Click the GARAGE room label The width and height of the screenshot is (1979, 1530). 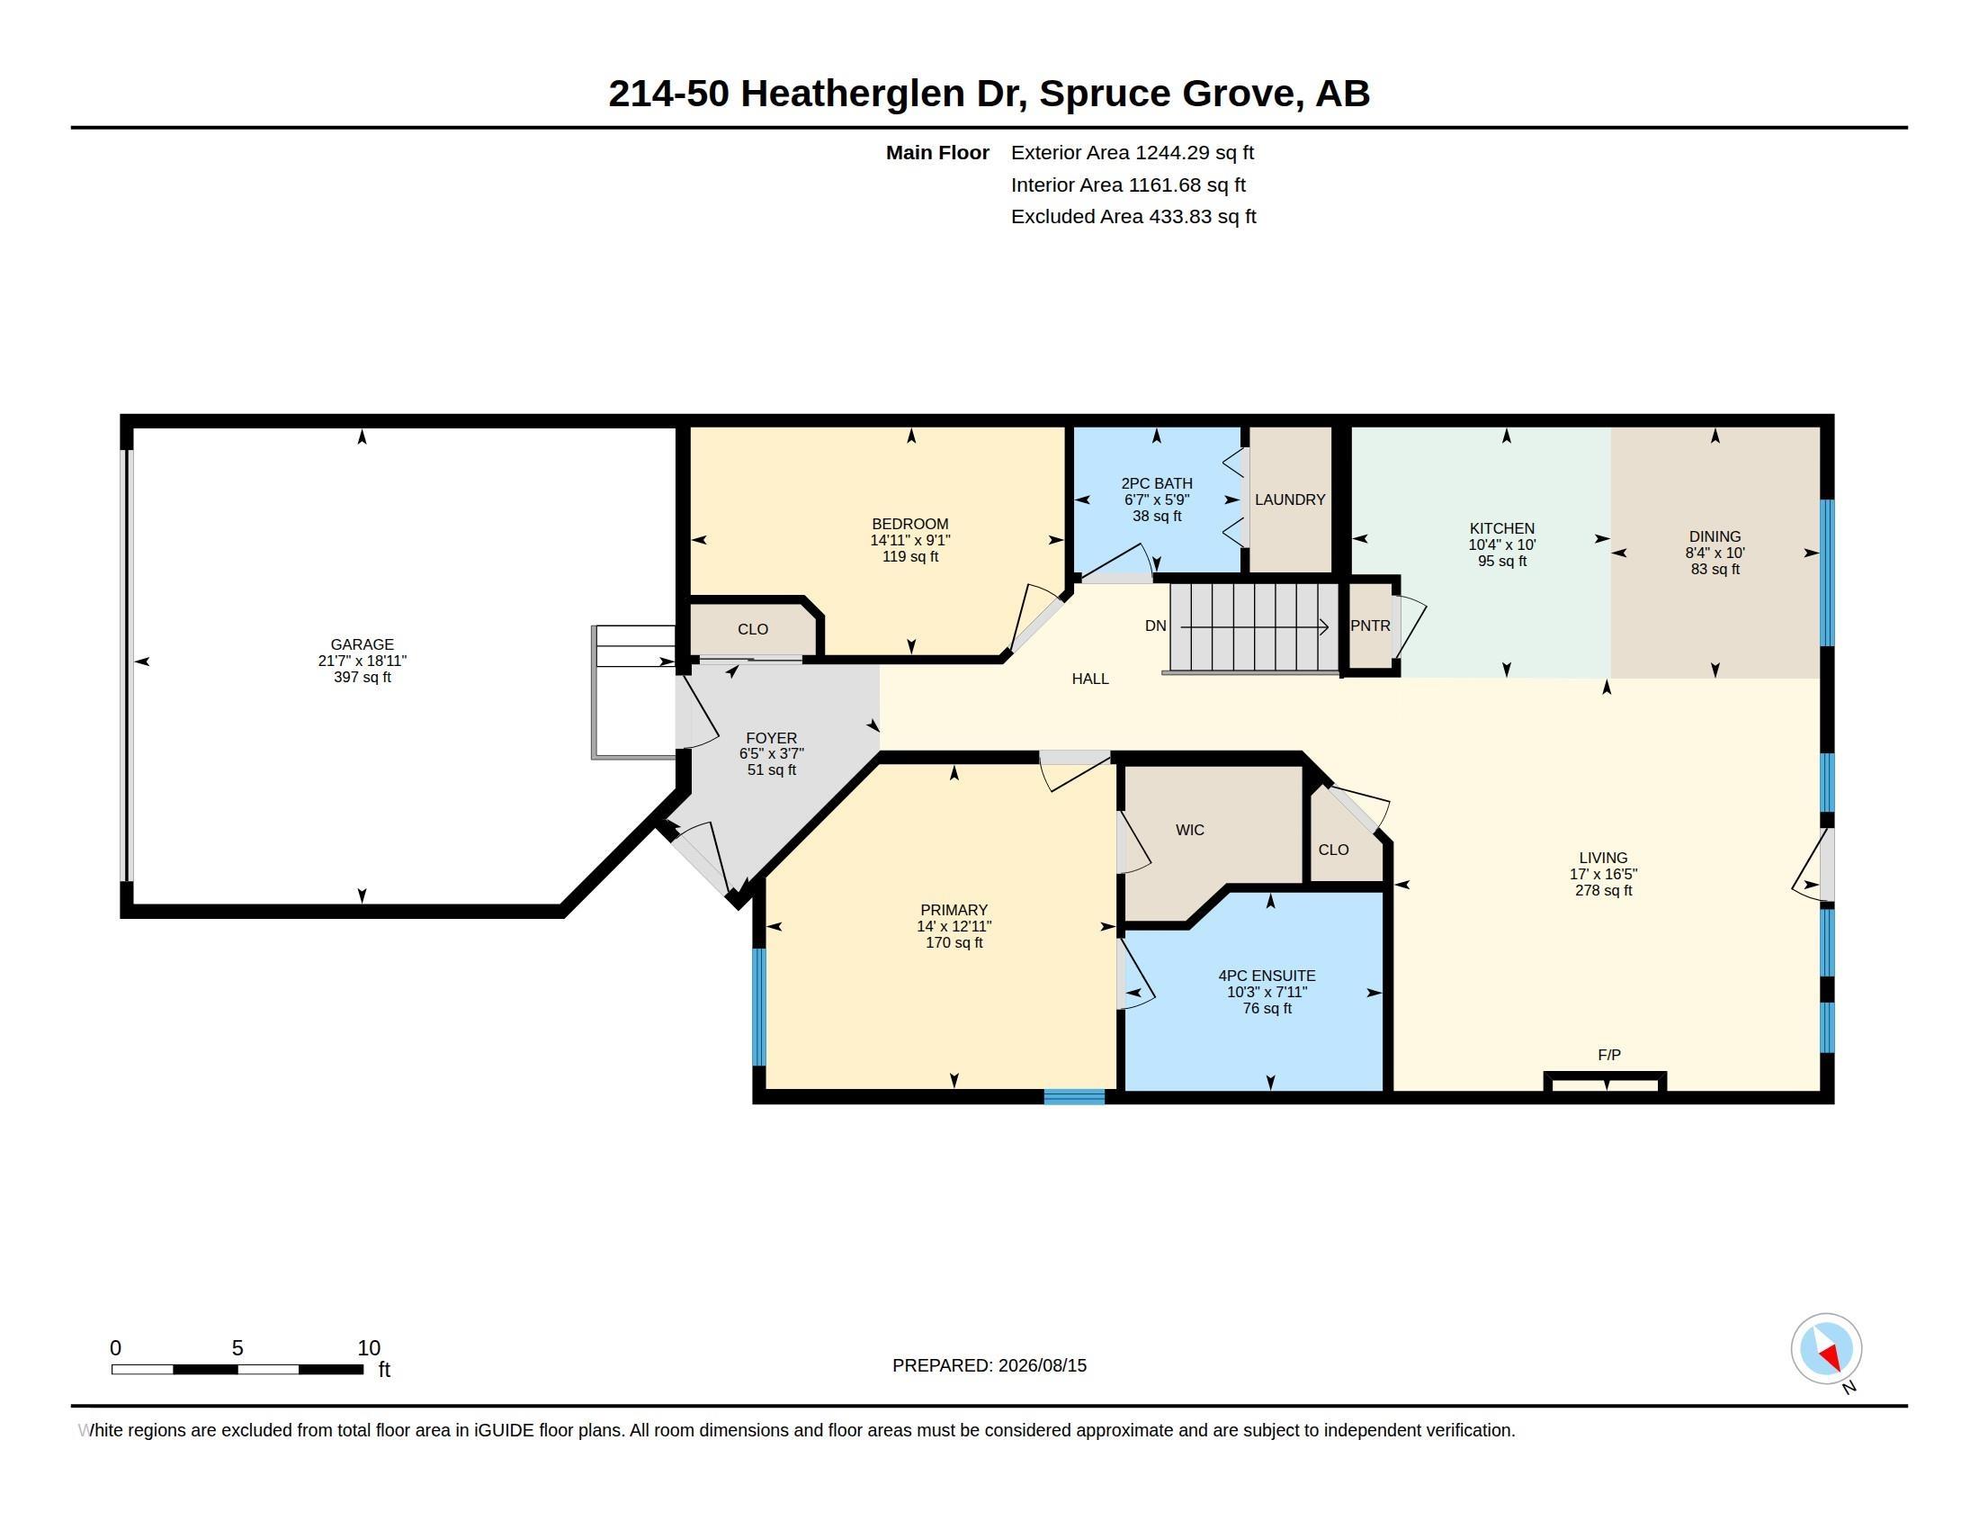[362, 644]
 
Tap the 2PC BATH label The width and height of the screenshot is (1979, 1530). [1156, 484]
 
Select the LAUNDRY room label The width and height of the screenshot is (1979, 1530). [1289, 499]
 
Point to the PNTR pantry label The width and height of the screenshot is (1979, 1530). [1370, 625]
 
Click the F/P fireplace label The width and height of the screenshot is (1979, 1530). [1609, 1055]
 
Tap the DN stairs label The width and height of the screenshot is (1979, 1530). [1155, 625]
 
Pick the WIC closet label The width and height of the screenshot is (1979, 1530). [1190, 830]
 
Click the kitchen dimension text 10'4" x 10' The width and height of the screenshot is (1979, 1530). [1501, 544]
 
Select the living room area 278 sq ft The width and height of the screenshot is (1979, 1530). [1603, 890]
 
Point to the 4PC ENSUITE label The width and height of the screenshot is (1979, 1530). [1267, 976]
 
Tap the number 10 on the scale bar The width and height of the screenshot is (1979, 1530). [369, 1348]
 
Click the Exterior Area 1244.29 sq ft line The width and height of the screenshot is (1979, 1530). [1132, 152]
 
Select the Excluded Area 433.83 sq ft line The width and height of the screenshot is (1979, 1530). [1133, 217]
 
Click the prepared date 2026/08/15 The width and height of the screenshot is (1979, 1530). [1042, 1365]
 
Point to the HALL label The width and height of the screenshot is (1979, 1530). [1090, 678]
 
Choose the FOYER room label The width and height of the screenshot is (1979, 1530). [771, 738]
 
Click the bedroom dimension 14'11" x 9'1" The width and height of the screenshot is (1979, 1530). [909, 540]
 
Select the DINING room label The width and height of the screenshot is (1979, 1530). [1715, 536]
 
